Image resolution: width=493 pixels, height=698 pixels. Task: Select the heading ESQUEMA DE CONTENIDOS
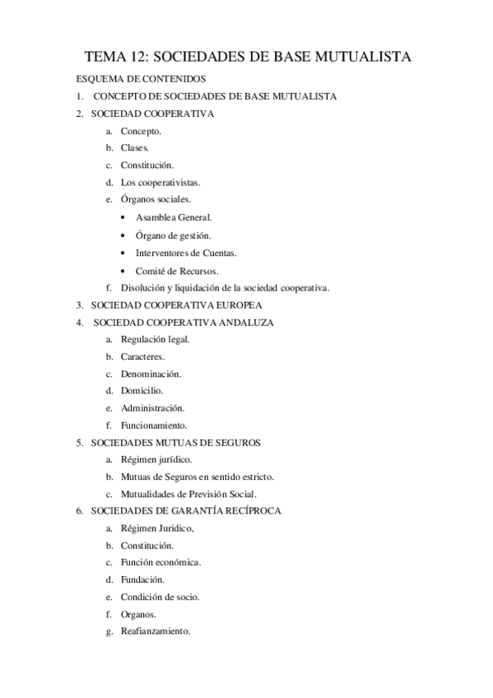tap(141, 79)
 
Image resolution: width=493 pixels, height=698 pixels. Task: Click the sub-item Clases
tap(135, 148)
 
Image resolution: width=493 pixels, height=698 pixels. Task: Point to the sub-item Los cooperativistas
tap(160, 183)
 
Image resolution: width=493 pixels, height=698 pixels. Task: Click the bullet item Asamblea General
tap(174, 217)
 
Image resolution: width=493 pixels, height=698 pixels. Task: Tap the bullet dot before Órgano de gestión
tap(123, 235)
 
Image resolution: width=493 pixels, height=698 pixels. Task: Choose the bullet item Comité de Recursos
tap(177, 270)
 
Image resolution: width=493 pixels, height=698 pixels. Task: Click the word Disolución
tap(142, 287)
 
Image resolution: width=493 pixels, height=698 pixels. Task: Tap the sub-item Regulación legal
tap(155, 339)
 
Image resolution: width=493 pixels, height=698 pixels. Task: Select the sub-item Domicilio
tap(142, 390)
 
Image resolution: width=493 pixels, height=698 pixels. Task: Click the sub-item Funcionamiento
tap(154, 426)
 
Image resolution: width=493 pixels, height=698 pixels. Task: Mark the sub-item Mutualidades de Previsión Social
tap(188, 495)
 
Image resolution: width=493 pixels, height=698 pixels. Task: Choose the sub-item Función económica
tap(161, 562)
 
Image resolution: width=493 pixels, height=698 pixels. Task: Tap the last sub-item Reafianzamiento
tap(156, 631)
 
